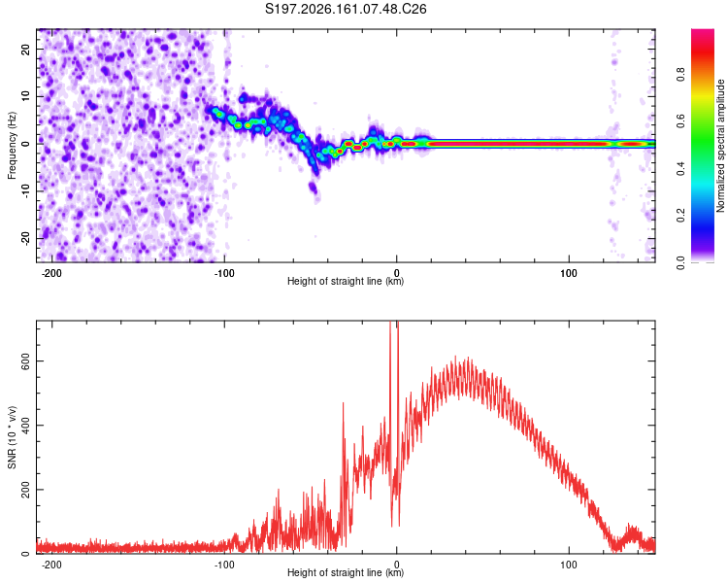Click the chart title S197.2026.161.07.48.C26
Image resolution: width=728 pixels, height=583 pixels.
tap(346, 9)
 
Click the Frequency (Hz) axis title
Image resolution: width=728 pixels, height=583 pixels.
tap(12, 146)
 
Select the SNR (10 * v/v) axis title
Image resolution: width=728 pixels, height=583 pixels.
tap(12, 437)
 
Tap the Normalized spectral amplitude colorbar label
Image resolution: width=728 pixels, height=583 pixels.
tap(720, 146)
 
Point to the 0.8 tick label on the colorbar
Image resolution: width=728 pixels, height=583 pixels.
tap(680, 75)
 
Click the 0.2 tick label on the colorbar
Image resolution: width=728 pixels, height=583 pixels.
tap(680, 216)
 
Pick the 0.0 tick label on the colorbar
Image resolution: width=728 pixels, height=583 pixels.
tap(680, 263)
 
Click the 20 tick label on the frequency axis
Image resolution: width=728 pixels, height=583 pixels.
tap(25, 50)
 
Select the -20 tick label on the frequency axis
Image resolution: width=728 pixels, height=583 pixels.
tap(25, 239)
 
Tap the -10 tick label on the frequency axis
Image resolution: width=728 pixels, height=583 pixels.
tap(25, 191)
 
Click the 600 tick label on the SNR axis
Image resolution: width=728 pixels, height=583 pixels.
tap(25, 361)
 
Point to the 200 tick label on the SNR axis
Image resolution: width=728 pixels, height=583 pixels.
tap(25, 490)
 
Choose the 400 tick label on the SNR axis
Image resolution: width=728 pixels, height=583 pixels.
tap(25, 426)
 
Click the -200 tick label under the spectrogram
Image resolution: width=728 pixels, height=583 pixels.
tap(51, 273)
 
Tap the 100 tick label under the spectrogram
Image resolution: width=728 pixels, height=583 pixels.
tap(568, 273)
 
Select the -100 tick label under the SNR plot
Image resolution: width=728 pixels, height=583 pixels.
tap(224, 565)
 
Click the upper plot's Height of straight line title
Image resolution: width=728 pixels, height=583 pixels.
tap(346, 281)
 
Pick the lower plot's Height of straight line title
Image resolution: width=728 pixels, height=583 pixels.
tap(346, 572)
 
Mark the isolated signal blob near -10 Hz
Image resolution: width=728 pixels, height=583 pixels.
tap(313, 188)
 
